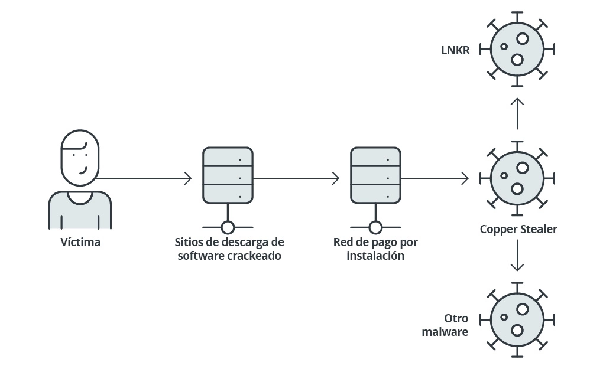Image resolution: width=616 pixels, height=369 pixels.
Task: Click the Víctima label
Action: [x=80, y=242]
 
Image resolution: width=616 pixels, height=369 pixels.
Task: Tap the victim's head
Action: [x=80, y=156]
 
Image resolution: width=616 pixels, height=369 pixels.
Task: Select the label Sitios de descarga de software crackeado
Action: [x=229, y=249]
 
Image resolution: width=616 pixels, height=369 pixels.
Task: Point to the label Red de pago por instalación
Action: [x=375, y=249]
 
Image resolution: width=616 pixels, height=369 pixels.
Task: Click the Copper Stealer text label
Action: [x=518, y=229]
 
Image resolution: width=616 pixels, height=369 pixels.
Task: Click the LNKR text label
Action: [x=455, y=50]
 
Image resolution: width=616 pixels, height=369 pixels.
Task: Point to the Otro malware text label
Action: [x=446, y=325]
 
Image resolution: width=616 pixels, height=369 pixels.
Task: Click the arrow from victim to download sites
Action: [x=145, y=178]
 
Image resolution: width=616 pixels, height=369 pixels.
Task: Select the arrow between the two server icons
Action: [x=297, y=178]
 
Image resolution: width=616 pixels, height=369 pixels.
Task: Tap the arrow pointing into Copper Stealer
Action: [x=435, y=178]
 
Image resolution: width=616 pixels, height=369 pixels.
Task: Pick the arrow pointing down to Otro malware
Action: [x=517, y=255]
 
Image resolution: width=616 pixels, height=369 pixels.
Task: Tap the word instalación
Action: [x=375, y=257]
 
